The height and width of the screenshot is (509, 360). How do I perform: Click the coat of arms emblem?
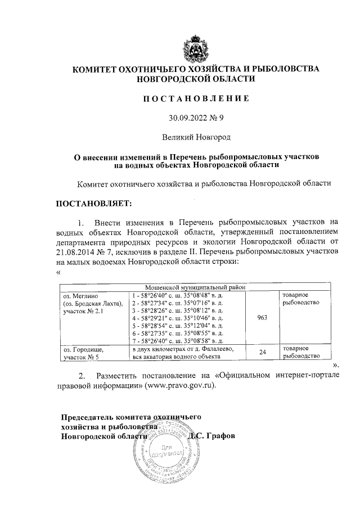click(196, 47)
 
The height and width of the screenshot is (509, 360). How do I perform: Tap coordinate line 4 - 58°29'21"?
click(177, 318)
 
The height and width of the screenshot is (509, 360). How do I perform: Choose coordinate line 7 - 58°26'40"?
click(177, 340)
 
